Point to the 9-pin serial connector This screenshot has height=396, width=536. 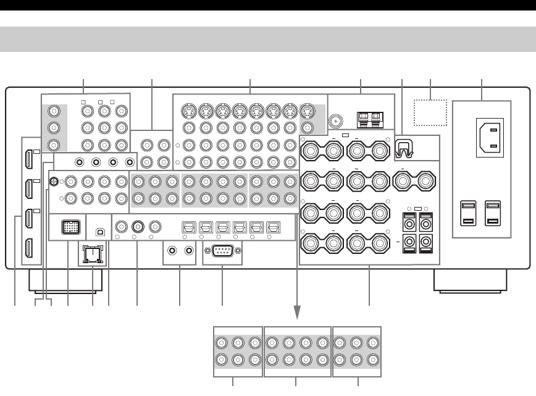[222, 251]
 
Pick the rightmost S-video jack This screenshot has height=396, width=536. [308, 112]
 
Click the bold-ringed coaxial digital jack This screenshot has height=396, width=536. [137, 226]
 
